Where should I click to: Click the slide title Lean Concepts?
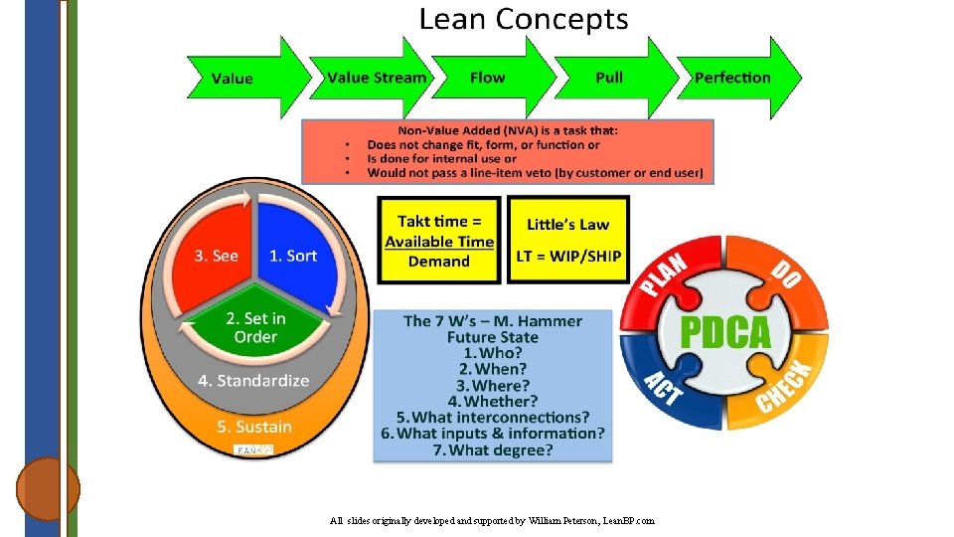click(x=524, y=19)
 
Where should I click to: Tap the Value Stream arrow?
click(x=378, y=78)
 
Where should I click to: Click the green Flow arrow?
click(x=488, y=78)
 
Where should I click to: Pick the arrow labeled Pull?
click(x=610, y=78)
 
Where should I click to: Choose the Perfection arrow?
click(x=733, y=78)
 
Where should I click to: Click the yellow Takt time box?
click(x=439, y=241)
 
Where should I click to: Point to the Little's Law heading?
click(x=567, y=225)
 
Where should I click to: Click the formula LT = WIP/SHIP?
click(x=568, y=256)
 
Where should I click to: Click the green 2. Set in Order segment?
click(x=255, y=328)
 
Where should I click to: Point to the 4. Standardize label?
click(x=253, y=381)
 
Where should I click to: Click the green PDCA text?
click(x=724, y=332)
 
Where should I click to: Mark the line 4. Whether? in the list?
click(x=493, y=401)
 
